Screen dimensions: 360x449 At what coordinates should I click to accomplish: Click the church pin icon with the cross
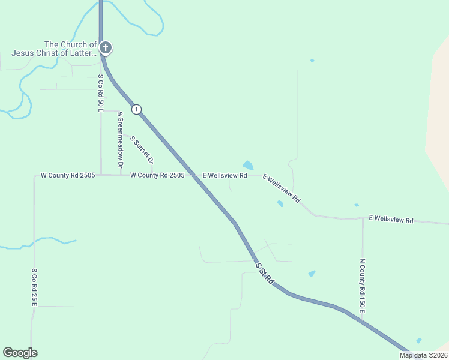tap(106, 47)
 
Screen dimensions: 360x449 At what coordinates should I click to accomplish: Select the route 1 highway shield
tap(137, 109)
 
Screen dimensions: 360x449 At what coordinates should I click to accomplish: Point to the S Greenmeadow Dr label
tap(120, 139)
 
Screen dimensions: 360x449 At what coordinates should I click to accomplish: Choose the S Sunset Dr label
tap(142, 150)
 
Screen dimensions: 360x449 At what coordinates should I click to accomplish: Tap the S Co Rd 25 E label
tap(34, 287)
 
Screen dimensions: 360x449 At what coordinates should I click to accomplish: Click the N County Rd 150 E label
tap(363, 285)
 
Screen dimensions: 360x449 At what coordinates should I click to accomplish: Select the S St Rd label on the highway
tap(265, 273)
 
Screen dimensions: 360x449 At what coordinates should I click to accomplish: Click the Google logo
tap(20, 353)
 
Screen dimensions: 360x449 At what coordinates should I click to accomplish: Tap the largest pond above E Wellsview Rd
tap(248, 165)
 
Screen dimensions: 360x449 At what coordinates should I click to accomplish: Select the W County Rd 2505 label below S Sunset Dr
tap(157, 175)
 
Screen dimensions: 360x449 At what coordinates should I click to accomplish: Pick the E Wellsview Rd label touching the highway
tap(224, 176)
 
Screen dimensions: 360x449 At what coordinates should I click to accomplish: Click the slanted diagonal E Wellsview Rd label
tap(281, 189)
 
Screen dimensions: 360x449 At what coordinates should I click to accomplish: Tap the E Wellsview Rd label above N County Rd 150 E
tap(391, 220)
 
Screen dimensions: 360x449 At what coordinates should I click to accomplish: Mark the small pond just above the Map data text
tap(418, 341)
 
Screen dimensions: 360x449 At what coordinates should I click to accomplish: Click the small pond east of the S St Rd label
tap(312, 274)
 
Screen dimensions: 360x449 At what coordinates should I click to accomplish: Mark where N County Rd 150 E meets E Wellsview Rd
tap(363, 218)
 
